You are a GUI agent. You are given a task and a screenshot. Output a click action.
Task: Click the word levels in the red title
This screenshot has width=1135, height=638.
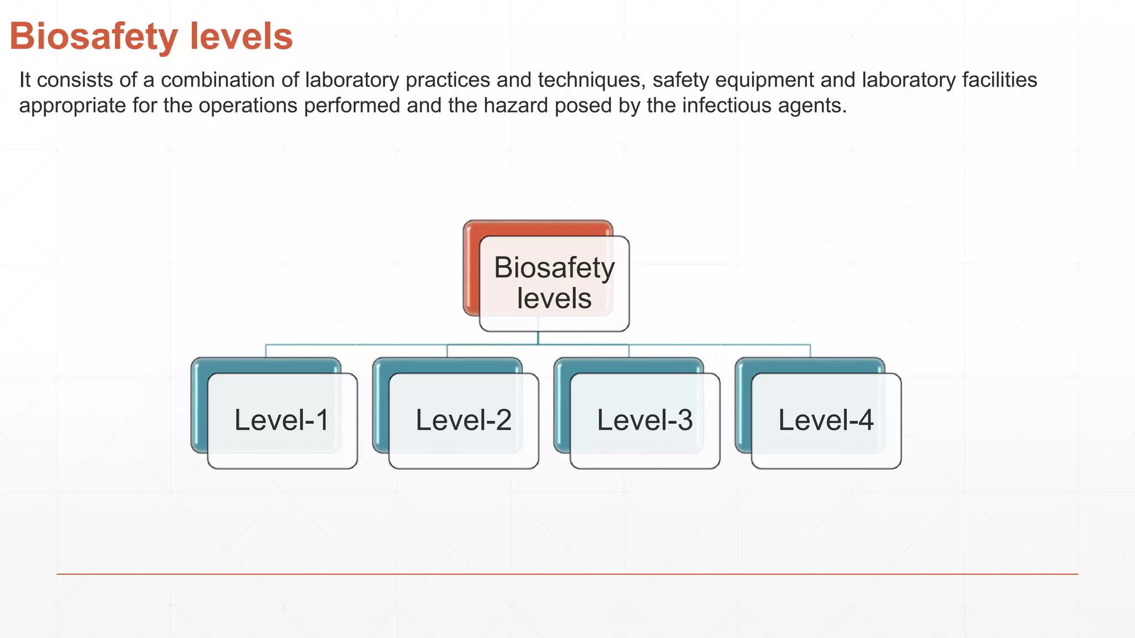(x=241, y=37)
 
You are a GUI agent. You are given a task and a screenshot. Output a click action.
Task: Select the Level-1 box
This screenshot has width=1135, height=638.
(x=282, y=420)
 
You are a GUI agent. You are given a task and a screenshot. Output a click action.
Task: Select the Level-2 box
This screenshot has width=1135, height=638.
(x=463, y=420)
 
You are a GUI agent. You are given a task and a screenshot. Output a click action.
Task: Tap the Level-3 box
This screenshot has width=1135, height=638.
(x=645, y=420)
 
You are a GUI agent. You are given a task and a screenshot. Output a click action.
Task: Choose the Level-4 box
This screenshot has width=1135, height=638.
(x=826, y=420)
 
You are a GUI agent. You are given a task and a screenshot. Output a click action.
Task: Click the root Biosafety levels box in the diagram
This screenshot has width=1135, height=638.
(x=554, y=283)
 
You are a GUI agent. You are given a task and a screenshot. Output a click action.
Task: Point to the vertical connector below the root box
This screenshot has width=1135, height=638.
(x=538, y=338)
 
